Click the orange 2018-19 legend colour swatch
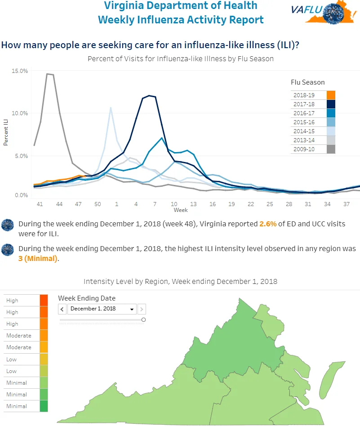(331, 95)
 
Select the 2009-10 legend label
(304, 149)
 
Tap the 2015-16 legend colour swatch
(331, 122)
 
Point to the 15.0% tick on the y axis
(20, 71)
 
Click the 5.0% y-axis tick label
(21, 156)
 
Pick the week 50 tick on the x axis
(98, 204)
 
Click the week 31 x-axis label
(308, 204)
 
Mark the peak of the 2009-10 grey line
(47, 74)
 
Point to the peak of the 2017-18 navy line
(149, 95)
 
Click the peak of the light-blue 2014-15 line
(111, 108)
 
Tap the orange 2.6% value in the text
(268, 224)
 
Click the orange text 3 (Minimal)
(38, 258)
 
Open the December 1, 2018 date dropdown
(102, 309)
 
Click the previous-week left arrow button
(62, 309)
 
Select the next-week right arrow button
(142, 309)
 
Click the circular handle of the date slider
(143, 320)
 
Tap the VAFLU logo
(324, 13)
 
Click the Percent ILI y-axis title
(5, 132)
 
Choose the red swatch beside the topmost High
(44, 301)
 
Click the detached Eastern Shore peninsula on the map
(331, 380)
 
